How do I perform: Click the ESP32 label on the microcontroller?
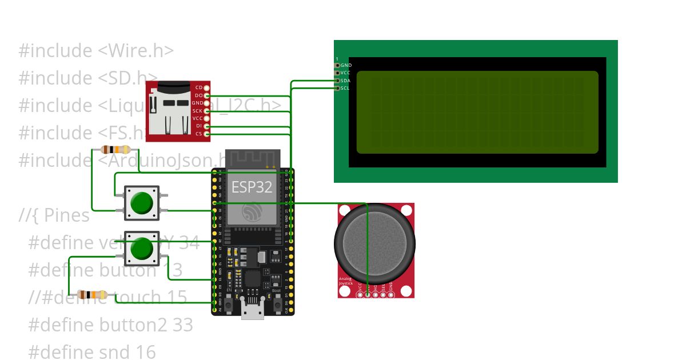(x=252, y=187)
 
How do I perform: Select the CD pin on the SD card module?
(x=206, y=87)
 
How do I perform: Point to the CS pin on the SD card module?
(x=206, y=134)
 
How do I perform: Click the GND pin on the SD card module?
(x=206, y=103)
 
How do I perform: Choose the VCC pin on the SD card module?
(x=206, y=118)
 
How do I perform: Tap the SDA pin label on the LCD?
(x=345, y=81)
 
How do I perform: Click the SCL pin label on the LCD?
(x=345, y=88)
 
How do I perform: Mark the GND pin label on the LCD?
(x=345, y=66)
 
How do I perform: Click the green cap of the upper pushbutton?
(x=141, y=203)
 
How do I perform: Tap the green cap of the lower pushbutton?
(x=141, y=248)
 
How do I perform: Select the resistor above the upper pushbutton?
(x=114, y=150)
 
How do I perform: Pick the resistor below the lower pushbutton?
(x=93, y=295)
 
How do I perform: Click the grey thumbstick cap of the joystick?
(x=374, y=243)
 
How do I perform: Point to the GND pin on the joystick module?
(x=390, y=290)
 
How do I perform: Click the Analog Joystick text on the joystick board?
(x=346, y=281)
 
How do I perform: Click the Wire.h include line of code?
(x=96, y=50)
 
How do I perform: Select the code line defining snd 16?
(x=91, y=352)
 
